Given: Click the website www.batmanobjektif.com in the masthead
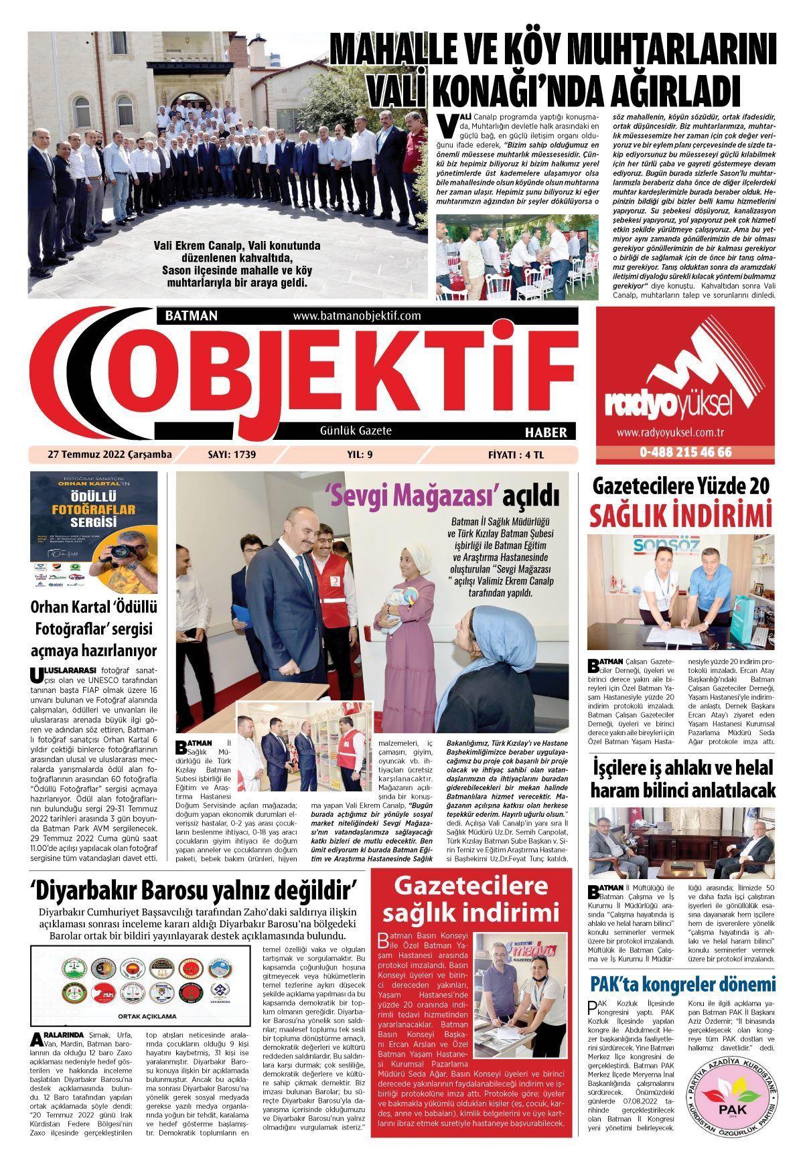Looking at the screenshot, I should click(356, 315).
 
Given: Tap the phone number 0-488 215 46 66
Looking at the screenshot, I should click(685, 452).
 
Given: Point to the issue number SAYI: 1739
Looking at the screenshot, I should click(232, 455).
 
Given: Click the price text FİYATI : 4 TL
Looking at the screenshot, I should click(516, 455).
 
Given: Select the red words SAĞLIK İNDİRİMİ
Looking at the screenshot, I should click(680, 517).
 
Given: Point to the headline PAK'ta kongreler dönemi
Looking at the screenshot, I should click(682, 984).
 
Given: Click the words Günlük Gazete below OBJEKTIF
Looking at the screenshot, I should click(356, 431).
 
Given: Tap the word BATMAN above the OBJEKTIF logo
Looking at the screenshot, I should click(186, 315).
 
